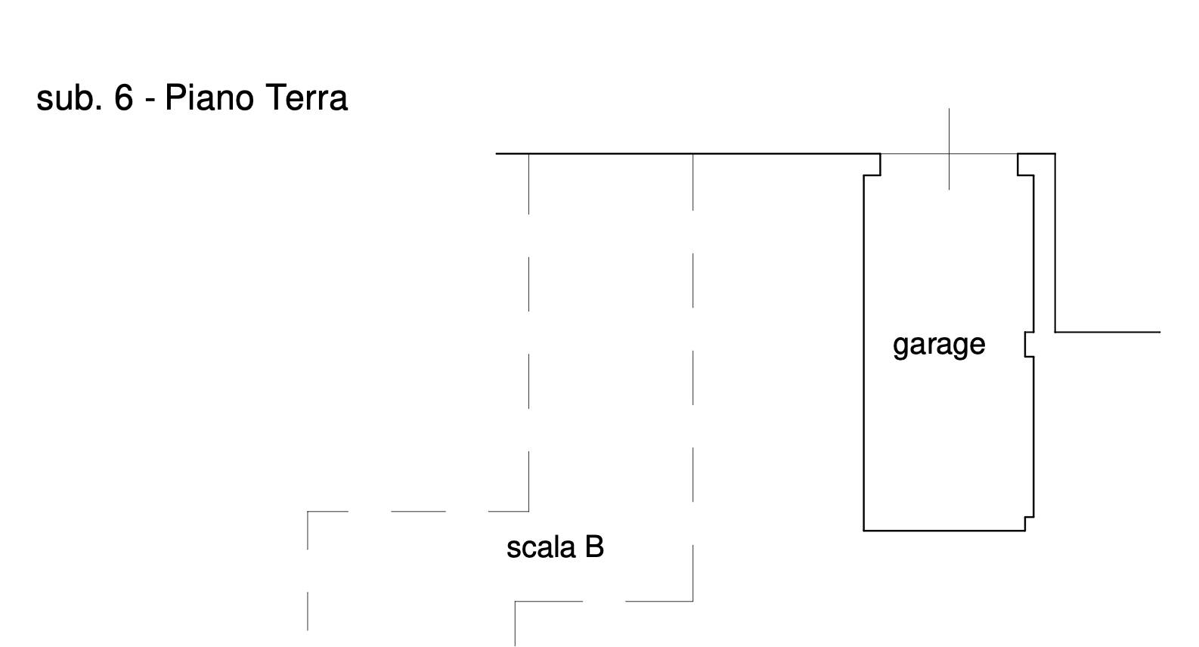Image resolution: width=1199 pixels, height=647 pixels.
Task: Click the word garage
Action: click(939, 345)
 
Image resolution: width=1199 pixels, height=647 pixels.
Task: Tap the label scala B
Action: click(555, 547)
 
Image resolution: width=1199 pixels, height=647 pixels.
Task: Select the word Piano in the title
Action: click(209, 98)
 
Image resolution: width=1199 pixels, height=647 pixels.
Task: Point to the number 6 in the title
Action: click(124, 98)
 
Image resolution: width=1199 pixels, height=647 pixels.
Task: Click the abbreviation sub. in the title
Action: click(69, 98)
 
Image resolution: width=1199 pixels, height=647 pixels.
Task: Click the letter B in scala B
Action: click(594, 546)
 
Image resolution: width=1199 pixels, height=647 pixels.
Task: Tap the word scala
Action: click(541, 547)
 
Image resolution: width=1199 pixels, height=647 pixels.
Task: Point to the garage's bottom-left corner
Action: click(864, 531)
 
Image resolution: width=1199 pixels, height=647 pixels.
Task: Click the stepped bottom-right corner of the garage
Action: click(1029, 523)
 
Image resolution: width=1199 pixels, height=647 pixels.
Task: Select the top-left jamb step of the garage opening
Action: click(872, 164)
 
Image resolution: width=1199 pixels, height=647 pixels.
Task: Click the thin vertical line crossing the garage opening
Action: click(949, 149)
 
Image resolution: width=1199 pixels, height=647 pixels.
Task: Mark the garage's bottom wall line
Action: click(944, 531)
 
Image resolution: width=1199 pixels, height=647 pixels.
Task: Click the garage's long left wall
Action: click(864, 353)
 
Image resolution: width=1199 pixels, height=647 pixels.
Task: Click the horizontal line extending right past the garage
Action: click(1108, 332)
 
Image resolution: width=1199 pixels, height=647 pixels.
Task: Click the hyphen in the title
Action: click(150, 100)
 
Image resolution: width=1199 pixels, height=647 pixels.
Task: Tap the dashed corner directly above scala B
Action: click(528, 511)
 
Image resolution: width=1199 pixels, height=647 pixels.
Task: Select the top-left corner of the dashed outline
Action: click(308, 512)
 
